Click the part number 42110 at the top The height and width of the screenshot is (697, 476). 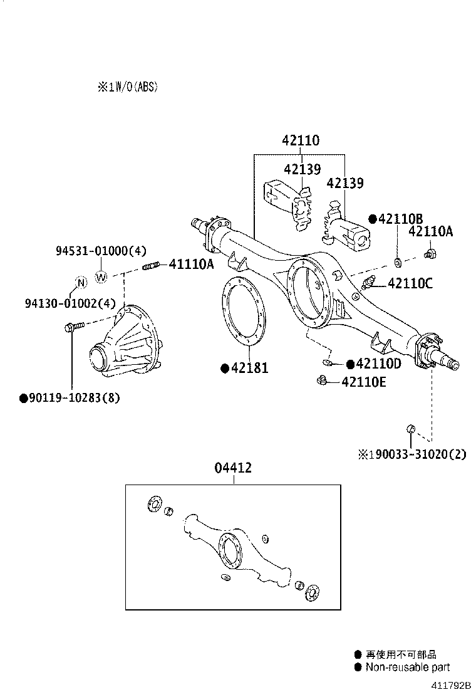(300, 140)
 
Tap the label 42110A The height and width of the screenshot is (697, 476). (430, 232)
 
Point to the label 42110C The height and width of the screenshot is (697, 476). (410, 283)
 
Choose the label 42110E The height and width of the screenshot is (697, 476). (364, 381)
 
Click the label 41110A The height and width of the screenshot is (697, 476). (191, 265)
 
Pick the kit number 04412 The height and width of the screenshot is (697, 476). (233, 468)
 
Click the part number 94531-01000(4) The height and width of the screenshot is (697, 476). (100, 251)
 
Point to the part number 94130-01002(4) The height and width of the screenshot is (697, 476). (70, 303)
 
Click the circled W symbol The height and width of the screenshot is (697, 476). (101, 276)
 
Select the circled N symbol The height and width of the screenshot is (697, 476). (80, 283)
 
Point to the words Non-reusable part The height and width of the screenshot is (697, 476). (408, 667)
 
